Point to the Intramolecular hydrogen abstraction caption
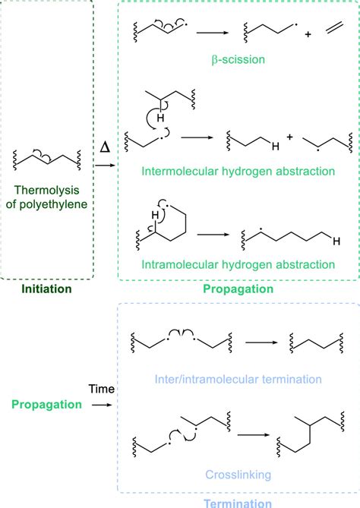(x=238, y=264)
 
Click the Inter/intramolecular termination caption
(x=237, y=378)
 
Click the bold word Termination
(x=237, y=502)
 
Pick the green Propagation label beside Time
(x=47, y=405)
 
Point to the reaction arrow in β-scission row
(x=213, y=33)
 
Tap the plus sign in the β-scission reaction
(x=308, y=35)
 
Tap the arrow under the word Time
(x=101, y=405)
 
